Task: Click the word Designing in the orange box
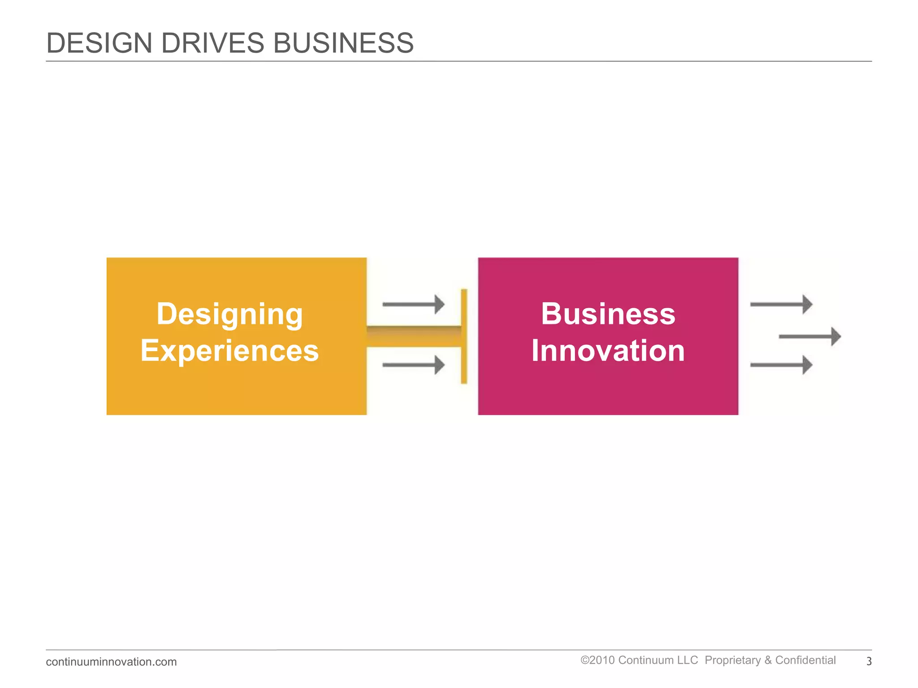tap(229, 314)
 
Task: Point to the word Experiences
tap(229, 351)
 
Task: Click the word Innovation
tap(608, 351)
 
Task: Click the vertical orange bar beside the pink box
tap(464, 336)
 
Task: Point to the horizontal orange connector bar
tap(413, 336)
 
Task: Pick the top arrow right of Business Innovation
tap(781, 304)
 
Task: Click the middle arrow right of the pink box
tap(810, 336)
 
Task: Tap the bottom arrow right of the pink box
tap(781, 365)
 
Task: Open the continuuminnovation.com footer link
tap(111, 662)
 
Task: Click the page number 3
tap(869, 662)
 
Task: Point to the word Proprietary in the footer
tap(733, 660)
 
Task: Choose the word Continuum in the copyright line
tap(658, 660)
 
